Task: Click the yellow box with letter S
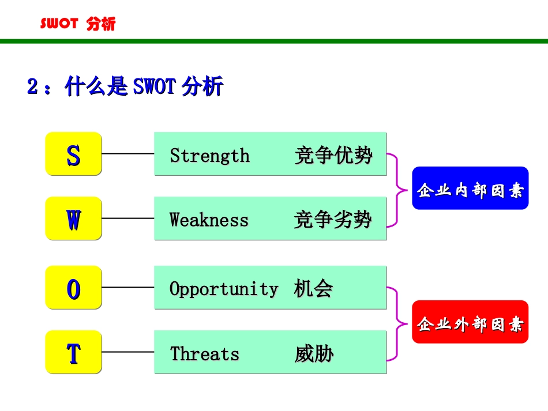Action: coord(73,154)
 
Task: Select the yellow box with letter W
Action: coord(73,218)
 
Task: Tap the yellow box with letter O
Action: coord(73,288)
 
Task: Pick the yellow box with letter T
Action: coord(73,352)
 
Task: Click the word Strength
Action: coord(209,156)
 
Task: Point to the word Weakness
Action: coord(209,220)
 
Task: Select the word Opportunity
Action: coord(223,289)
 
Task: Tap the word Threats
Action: coord(204,353)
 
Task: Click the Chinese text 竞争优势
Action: coord(333,156)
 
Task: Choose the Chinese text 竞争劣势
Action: coord(333,220)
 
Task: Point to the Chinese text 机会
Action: coord(313,289)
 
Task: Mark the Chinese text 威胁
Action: coord(314,353)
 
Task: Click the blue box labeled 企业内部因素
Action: coord(470,188)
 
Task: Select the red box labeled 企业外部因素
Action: coord(470,322)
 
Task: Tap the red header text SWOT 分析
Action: coord(77,24)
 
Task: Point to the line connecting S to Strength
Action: coord(127,154)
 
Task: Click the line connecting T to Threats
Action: coord(127,352)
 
